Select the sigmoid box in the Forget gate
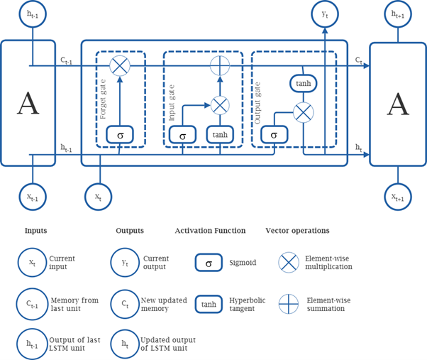[x=120, y=134]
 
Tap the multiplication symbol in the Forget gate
[x=120, y=66]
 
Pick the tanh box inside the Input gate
[x=220, y=134]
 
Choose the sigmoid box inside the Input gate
[x=183, y=134]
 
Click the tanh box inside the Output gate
[x=303, y=84]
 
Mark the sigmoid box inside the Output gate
[x=274, y=134]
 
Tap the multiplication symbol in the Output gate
[x=303, y=112]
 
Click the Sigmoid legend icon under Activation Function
[x=209, y=263]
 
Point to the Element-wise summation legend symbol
[x=289, y=305]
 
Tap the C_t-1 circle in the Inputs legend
[x=32, y=305]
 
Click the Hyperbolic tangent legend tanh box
[x=209, y=305]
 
